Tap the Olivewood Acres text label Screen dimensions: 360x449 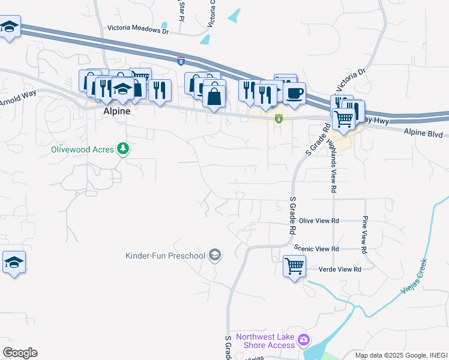(x=82, y=149)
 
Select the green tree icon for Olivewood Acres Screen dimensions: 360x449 (x=123, y=148)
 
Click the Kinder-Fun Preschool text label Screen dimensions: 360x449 (x=165, y=256)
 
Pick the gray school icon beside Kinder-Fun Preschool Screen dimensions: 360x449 (x=214, y=256)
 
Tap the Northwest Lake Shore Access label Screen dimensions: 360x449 (x=265, y=341)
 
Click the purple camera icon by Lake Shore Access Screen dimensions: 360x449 (x=304, y=340)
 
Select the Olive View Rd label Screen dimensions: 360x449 (x=319, y=221)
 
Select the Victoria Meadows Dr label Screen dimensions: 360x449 (x=138, y=28)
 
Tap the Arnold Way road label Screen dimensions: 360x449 (x=17, y=100)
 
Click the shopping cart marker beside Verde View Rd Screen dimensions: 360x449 (x=295, y=265)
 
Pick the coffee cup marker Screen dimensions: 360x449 (x=294, y=93)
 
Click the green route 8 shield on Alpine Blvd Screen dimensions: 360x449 (x=279, y=119)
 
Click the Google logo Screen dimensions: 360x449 (x=20, y=353)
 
